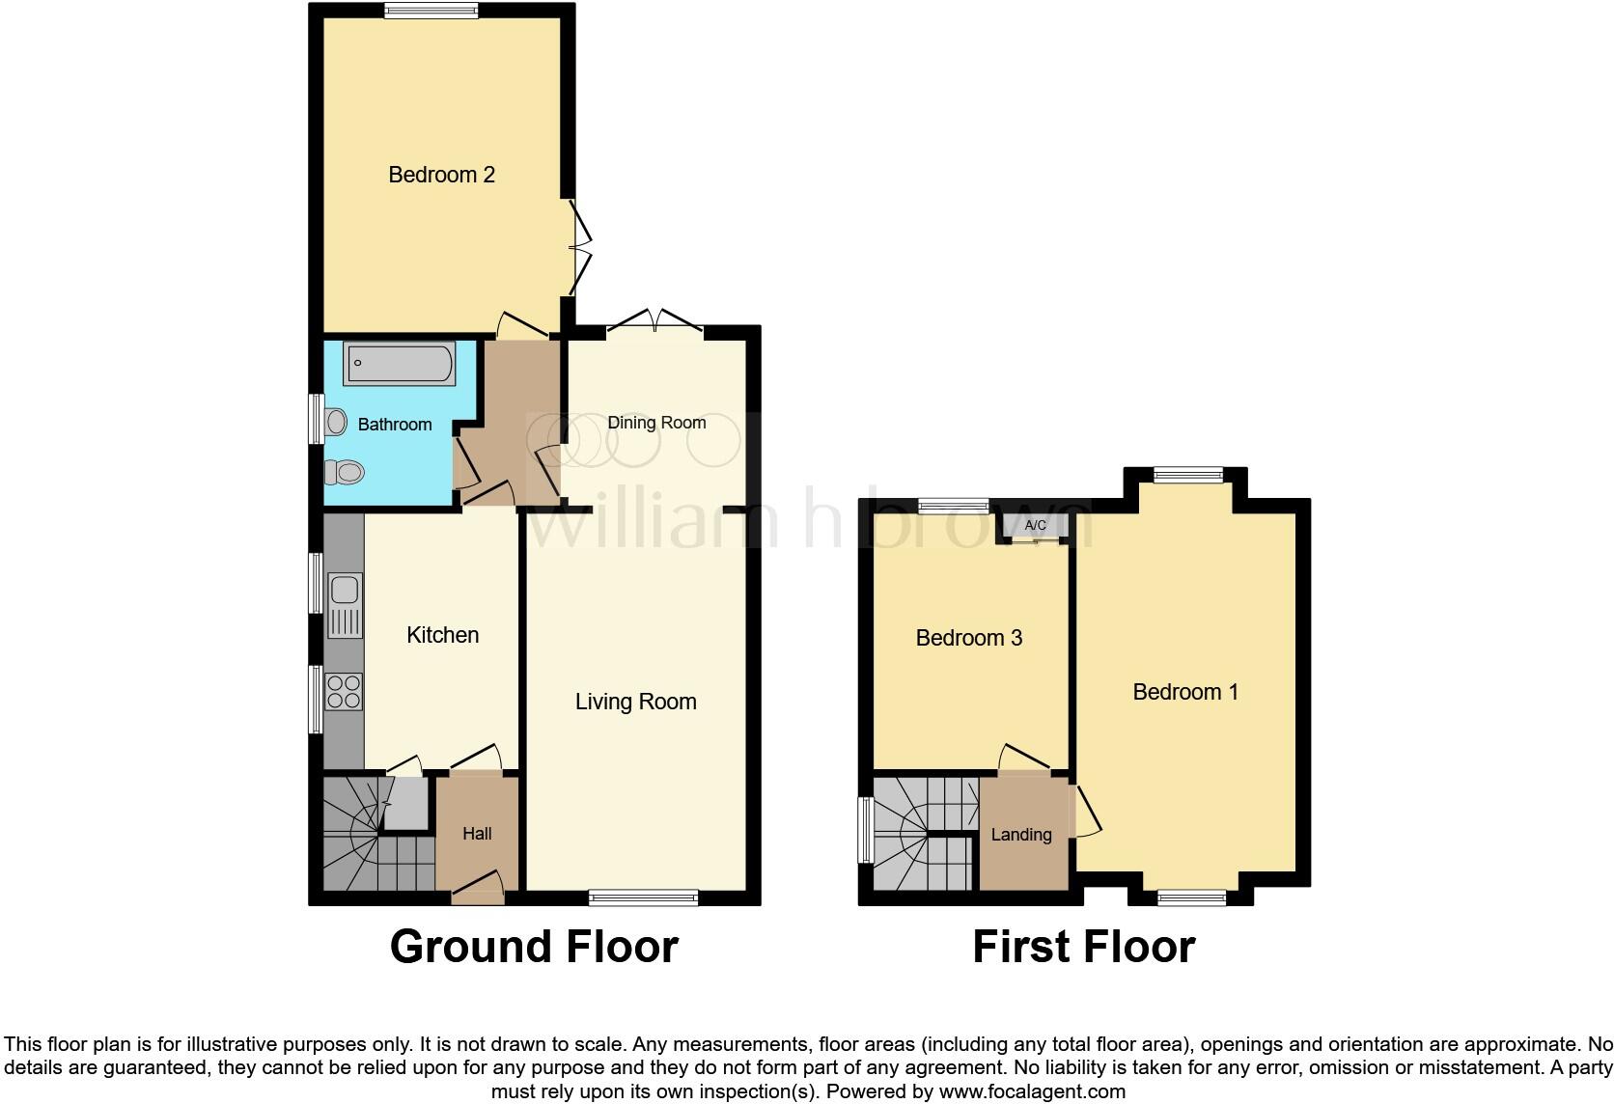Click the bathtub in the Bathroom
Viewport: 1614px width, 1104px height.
click(399, 365)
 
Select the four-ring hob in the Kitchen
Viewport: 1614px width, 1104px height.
click(344, 692)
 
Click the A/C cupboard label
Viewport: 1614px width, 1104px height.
click(1035, 526)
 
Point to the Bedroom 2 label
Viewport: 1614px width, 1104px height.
click(441, 175)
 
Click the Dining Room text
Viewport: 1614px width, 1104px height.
click(656, 423)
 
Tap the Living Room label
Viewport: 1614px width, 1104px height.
click(635, 702)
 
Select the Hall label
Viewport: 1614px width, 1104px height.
click(477, 834)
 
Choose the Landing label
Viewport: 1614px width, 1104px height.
click(1021, 835)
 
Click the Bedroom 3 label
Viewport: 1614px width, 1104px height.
click(968, 638)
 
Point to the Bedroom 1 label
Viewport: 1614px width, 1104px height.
click(1184, 692)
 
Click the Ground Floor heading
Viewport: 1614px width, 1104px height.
click(534, 947)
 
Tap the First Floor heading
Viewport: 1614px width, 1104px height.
click(1083, 947)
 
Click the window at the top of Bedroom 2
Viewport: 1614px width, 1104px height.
click(431, 11)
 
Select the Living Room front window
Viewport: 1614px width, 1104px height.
click(644, 897)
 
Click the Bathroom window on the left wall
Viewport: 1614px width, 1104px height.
click(315, 419)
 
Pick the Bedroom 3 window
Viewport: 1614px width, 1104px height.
click(953, 505)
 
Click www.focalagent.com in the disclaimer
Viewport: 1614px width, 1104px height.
click(1031, 1092)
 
